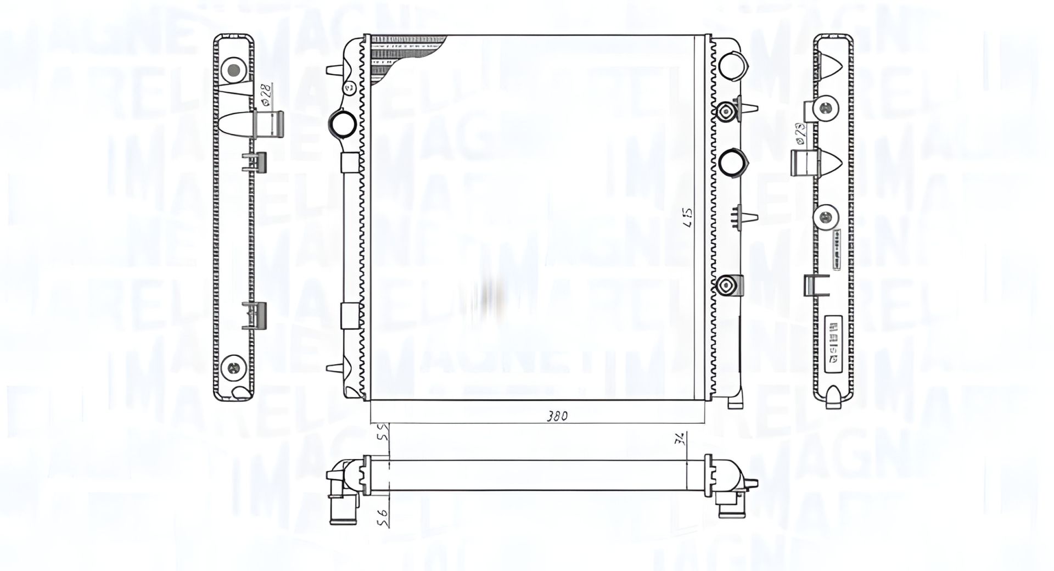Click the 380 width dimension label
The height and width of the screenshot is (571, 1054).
click(x=557, y=416)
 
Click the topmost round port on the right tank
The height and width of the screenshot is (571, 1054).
click(x=733, y=65)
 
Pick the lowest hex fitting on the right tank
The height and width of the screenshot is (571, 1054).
click(x=726, y=285)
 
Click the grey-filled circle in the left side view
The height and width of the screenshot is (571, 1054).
click(x=233, y=70)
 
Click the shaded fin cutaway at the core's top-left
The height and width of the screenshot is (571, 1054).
click(x=403, y=58)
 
